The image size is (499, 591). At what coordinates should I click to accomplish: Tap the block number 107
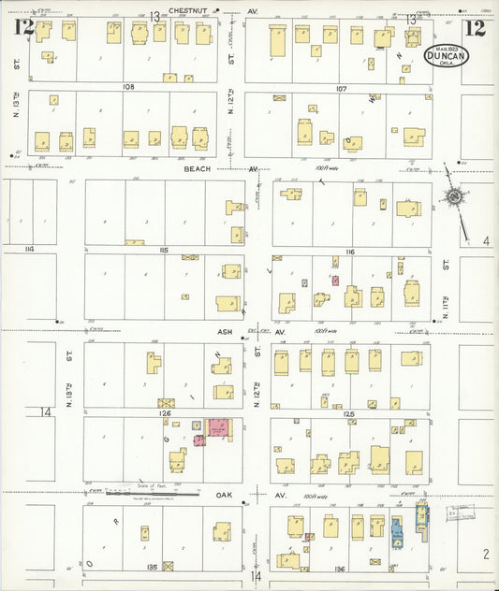pyautogui.click(x=340, y=88)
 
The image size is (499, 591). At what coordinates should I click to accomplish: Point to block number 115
pyautogui.click(x=164, y=250)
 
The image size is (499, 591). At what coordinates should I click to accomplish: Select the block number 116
pyautogui.click(x=349, y=252)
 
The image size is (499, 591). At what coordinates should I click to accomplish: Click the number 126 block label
pyautogui.click(x=165, y=411)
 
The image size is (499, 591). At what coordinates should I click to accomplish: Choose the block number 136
pyautogui.click(x=338, y=568)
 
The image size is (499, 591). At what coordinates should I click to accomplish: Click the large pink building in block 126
pyautogui.click(x=219, y=427)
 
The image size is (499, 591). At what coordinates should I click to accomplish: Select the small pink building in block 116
pyautogui.click(x=334, y=280)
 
